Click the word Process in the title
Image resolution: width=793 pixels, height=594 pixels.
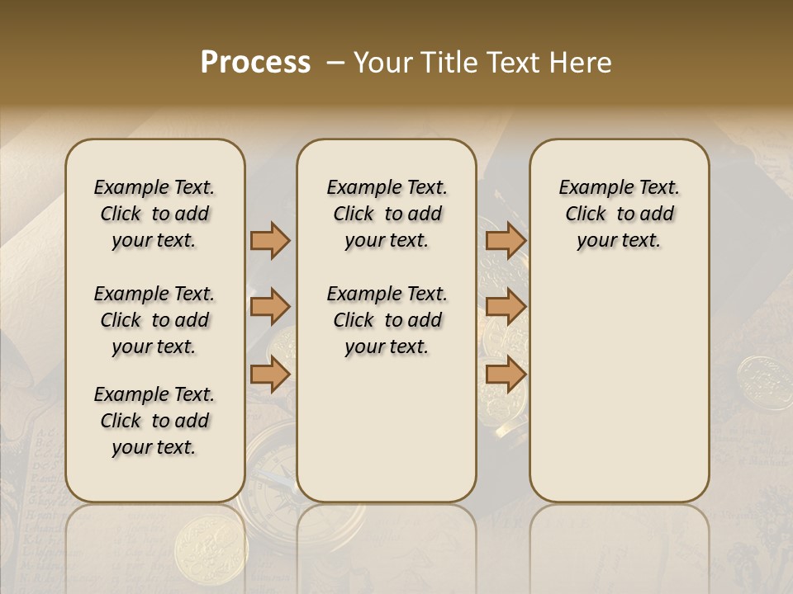[255, 63]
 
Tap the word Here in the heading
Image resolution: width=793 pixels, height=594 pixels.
[580, 63]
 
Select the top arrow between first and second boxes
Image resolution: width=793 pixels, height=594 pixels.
[270, 240]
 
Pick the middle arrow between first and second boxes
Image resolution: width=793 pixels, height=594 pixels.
[270, 308]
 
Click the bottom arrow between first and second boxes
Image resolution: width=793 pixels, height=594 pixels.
[270, 375]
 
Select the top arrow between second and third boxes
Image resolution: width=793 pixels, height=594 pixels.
[506, 240]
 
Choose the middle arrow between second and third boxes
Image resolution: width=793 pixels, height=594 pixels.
[506, 308]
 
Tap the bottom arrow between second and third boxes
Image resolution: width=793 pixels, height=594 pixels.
[506, 375]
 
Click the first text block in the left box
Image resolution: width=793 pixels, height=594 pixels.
[154, 214]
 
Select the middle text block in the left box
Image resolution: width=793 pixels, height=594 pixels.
[154, 320]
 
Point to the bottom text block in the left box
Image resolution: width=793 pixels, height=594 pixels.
[154, 421]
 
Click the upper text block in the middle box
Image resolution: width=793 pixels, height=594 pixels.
[387, 214]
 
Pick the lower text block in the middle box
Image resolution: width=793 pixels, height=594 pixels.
[387, 320]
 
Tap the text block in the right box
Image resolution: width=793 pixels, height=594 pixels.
[619, 214]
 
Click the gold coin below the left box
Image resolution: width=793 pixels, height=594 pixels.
[199, 541]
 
